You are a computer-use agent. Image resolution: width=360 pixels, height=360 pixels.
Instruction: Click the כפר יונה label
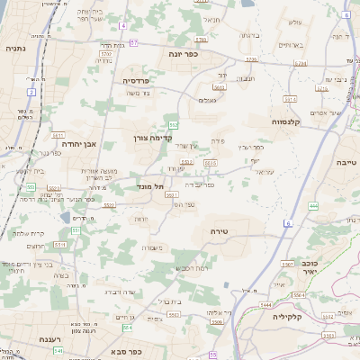(184, 54)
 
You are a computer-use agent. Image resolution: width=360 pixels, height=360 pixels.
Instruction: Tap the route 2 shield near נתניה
(31, 92)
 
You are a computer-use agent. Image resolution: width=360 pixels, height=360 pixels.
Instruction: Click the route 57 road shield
(133, 42)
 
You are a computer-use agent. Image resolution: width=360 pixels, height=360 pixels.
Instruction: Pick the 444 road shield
(313, 206)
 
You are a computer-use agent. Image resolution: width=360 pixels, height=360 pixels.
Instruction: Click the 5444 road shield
(266, 304)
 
